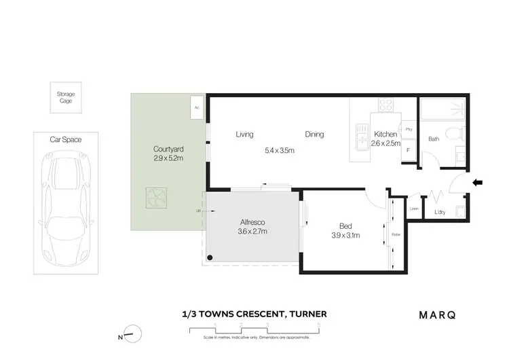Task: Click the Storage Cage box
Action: pyautogui.click(x=65, y=98)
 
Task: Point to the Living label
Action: pyautogui.click(x=245, y=134)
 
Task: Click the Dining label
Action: pyautogui.click(x=314, y=134)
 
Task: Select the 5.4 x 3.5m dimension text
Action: pyautogui.click(x=280, y=151)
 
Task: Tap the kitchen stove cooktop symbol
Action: pyautogui.click(x=386, y=105)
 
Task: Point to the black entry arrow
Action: pyautogui.click(x=478, y=182)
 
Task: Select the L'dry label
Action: pyautogui.click(x=440, y=213)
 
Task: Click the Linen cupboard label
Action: pyautogui.click(x=414, y=209)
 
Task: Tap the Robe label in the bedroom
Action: pyautogui.click(x=396, y=235)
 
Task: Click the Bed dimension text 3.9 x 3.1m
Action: pyautogui.click(x=345, y=236)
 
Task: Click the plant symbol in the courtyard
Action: pyautogui.click(x=156, y=197)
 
